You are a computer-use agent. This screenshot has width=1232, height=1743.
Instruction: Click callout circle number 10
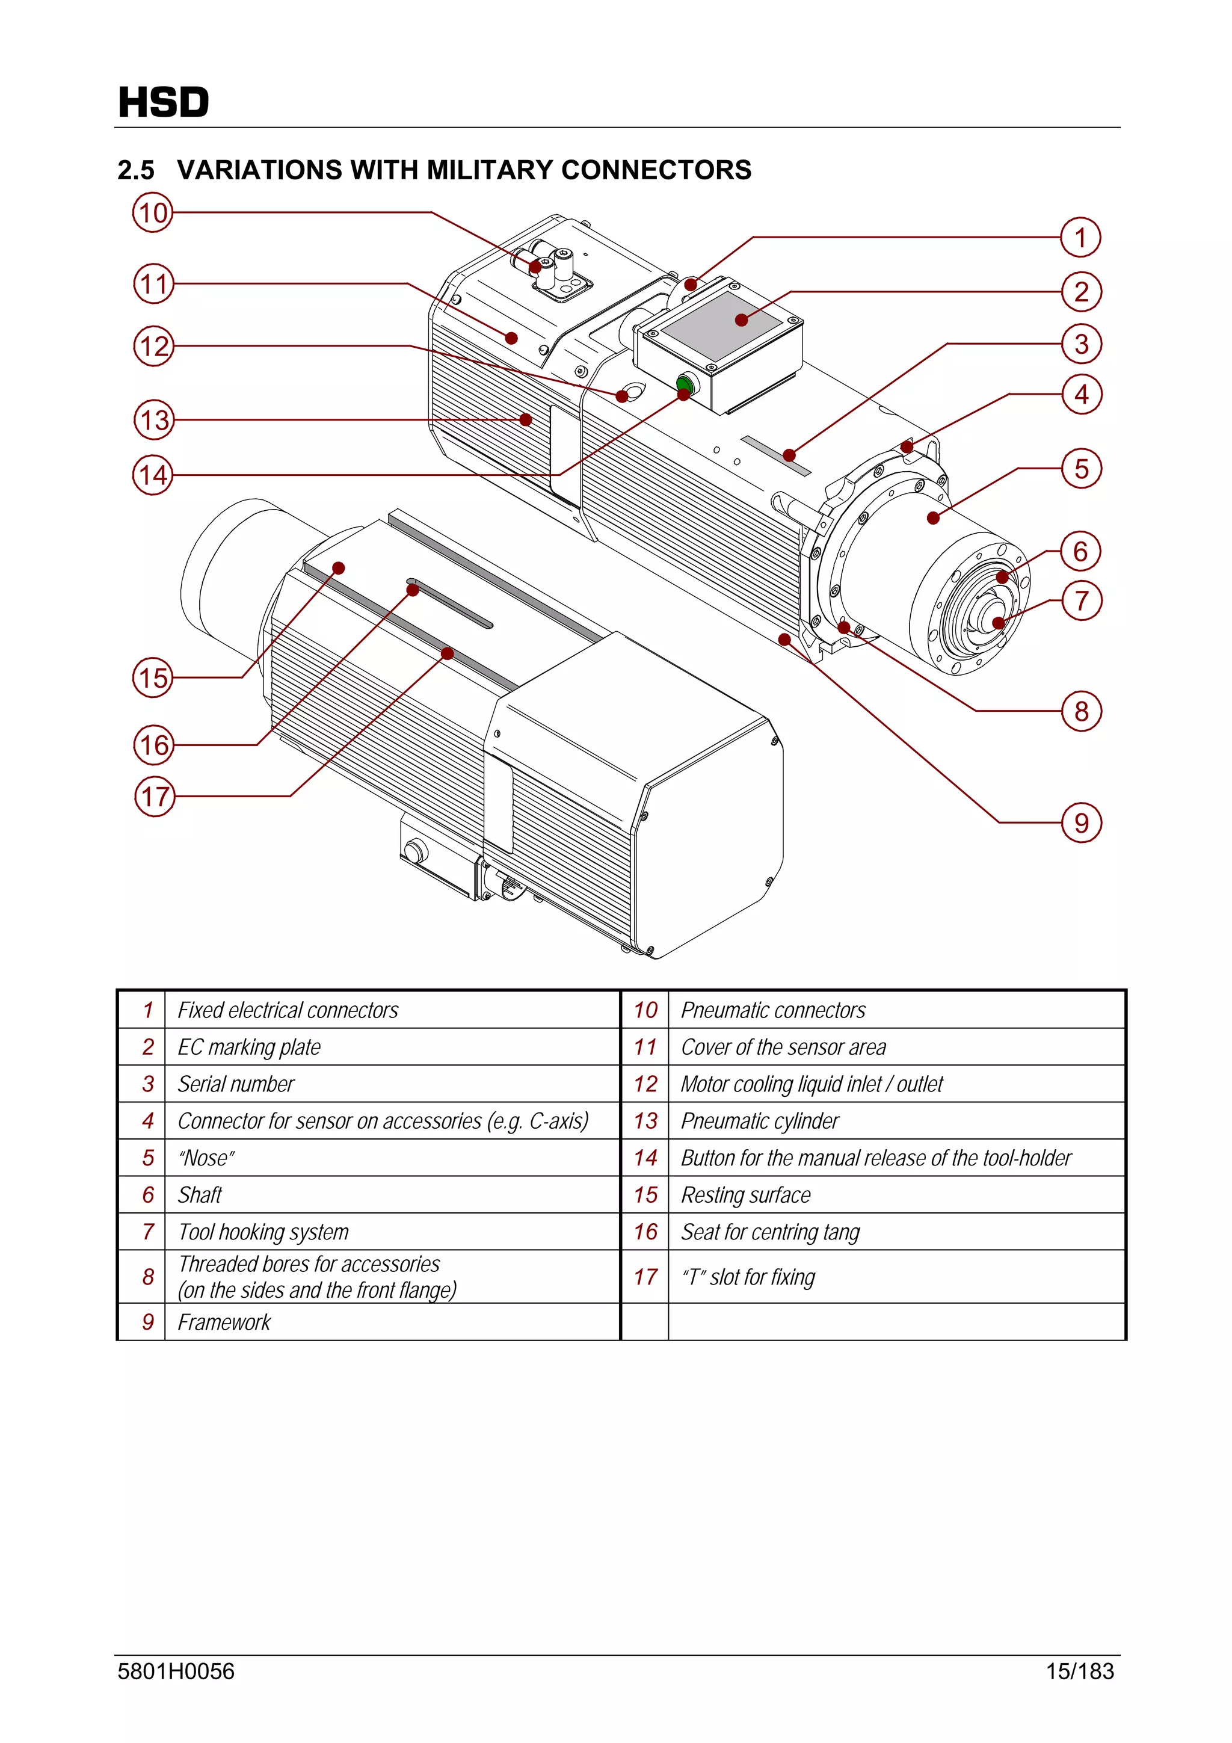[153, 212]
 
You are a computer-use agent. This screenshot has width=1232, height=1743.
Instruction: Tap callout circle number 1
[1080, 238]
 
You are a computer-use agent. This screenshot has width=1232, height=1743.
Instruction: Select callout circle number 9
[1081, 823]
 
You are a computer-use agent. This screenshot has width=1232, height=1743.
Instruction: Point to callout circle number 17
[154, 797]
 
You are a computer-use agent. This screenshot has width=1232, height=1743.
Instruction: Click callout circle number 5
[1081, 469]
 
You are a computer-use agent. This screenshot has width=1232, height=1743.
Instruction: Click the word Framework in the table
[224, 1322]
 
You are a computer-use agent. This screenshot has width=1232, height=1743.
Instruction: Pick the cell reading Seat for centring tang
[770, 1232]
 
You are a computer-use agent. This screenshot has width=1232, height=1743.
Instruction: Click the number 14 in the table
[645, 1158]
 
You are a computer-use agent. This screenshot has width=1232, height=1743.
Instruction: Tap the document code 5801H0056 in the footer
[176, 1671]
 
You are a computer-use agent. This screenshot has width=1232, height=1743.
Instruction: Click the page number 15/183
[1079, 1671]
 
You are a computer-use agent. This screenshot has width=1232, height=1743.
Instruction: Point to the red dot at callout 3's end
[789, 455]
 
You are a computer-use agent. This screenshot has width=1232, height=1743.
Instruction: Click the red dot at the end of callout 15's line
[339, 568]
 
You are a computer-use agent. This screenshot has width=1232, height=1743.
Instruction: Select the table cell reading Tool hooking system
[263, 1232]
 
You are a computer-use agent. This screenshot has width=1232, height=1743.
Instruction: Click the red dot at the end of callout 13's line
[525, 419]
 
